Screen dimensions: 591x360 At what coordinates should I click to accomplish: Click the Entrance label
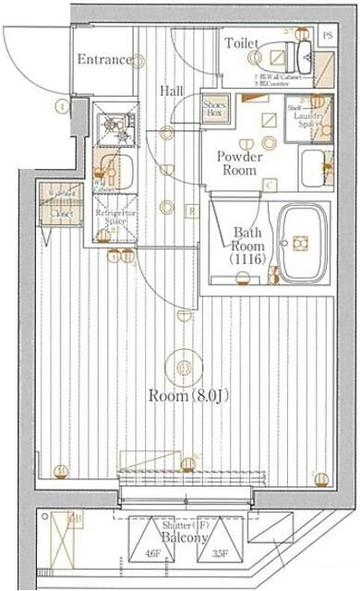[x=103, y=59]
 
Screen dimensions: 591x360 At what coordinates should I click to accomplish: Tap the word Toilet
[x=242, y=42]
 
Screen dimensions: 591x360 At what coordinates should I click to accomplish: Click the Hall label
[x=171, y=90]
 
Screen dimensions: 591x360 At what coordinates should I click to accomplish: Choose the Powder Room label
[x=239, y=163]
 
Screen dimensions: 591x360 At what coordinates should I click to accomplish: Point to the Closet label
[x=61, y=211]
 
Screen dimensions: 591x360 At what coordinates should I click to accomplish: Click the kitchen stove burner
[x=116, y=119]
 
